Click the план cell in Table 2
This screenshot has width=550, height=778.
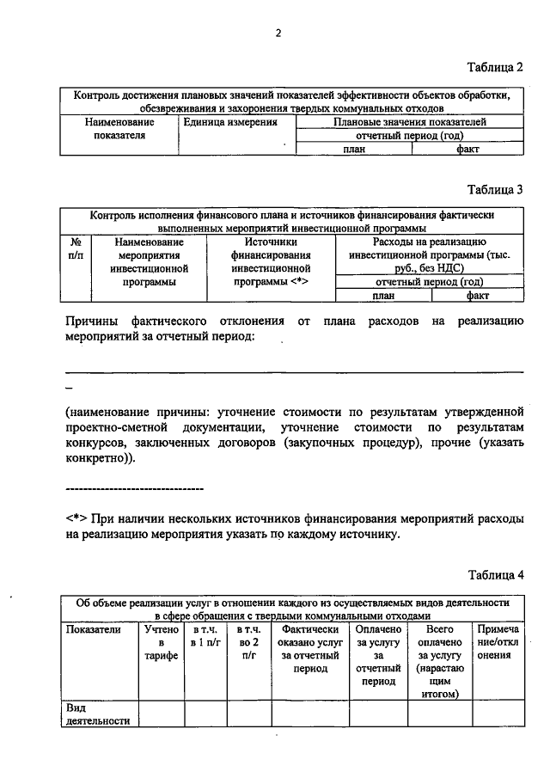[x=353, y=149]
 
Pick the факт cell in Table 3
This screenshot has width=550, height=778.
[x=478, y=294]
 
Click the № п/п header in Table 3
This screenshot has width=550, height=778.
[x=75, y=248]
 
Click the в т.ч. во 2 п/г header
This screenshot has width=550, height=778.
[x=249, y=642]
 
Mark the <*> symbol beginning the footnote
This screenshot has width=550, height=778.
[x=74, y=519]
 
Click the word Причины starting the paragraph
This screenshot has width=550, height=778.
[x=89, y=321]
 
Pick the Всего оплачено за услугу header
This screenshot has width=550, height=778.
[x=439, y=661]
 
